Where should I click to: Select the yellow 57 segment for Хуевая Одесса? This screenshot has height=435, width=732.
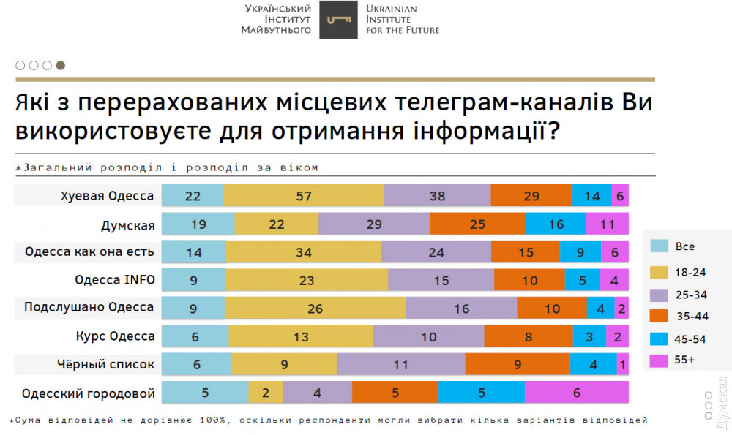click(x=304, y=196)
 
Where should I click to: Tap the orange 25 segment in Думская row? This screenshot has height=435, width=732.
click(x=477, y=224)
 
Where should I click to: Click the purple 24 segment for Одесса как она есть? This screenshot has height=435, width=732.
click(x=436, y=251)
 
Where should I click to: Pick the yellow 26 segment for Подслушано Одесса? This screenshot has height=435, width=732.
click(x=315, y=308)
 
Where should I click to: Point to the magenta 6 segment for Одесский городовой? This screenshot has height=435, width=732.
click(x=576, y=392)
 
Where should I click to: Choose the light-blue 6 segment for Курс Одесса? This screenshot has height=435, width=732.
click(x=195, y=336)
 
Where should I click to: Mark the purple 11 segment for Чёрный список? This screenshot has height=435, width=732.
click(x=400, y=364)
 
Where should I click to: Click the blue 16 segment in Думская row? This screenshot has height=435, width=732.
click(x=556, y=224)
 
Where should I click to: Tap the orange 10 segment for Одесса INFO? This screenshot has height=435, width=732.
click(x=529, y=280)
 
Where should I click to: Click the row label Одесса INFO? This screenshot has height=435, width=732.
click(x=115, y=280)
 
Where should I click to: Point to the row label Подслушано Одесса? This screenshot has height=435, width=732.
click(x=89, y=308)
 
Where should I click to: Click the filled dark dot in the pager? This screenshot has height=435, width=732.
click(x=61, y=65)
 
